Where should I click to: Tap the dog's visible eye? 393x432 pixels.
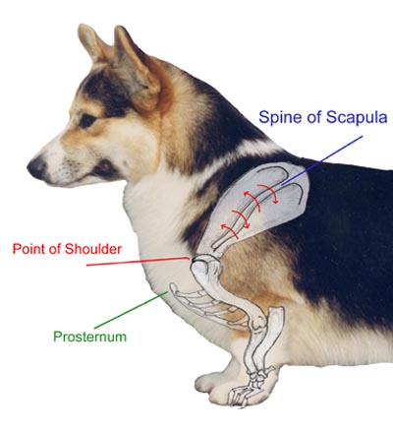pos(86,121)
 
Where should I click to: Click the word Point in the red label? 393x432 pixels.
pos(28,249)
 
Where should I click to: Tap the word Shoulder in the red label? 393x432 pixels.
pos(93,249)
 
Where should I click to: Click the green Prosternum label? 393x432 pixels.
pos(90,337)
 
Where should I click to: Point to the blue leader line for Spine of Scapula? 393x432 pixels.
pos(322,158)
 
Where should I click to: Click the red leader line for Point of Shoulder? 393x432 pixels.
pos(138,261)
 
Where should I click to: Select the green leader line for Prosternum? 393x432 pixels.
pos(131,310)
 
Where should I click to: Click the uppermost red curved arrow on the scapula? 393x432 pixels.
pos(268,193)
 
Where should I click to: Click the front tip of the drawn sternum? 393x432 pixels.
pos(171,287)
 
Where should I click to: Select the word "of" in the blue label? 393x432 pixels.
pos(314,117)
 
